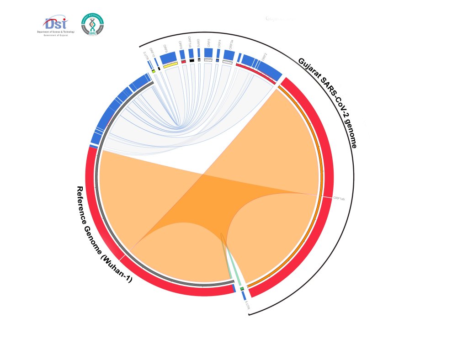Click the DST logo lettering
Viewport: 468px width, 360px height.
(x=56, y=23)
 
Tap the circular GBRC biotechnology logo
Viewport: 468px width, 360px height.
(x=92, y=24)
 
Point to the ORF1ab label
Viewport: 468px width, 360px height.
(x=339, y=199)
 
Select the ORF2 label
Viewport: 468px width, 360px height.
(x=264, y=56)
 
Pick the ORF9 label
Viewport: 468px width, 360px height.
(x=165, y=47)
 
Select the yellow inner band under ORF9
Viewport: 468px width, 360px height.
(x=170, y=65)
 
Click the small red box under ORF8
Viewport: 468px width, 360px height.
(x=183, y=61)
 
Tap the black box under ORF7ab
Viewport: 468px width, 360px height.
(x=192, y=60)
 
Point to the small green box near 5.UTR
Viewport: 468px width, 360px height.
(x=242, y=289)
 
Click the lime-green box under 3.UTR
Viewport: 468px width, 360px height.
(x=154, y=71)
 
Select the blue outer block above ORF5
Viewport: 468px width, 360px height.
(x=208, y=53)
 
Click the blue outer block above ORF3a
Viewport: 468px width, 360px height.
(x=229, y=55)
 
